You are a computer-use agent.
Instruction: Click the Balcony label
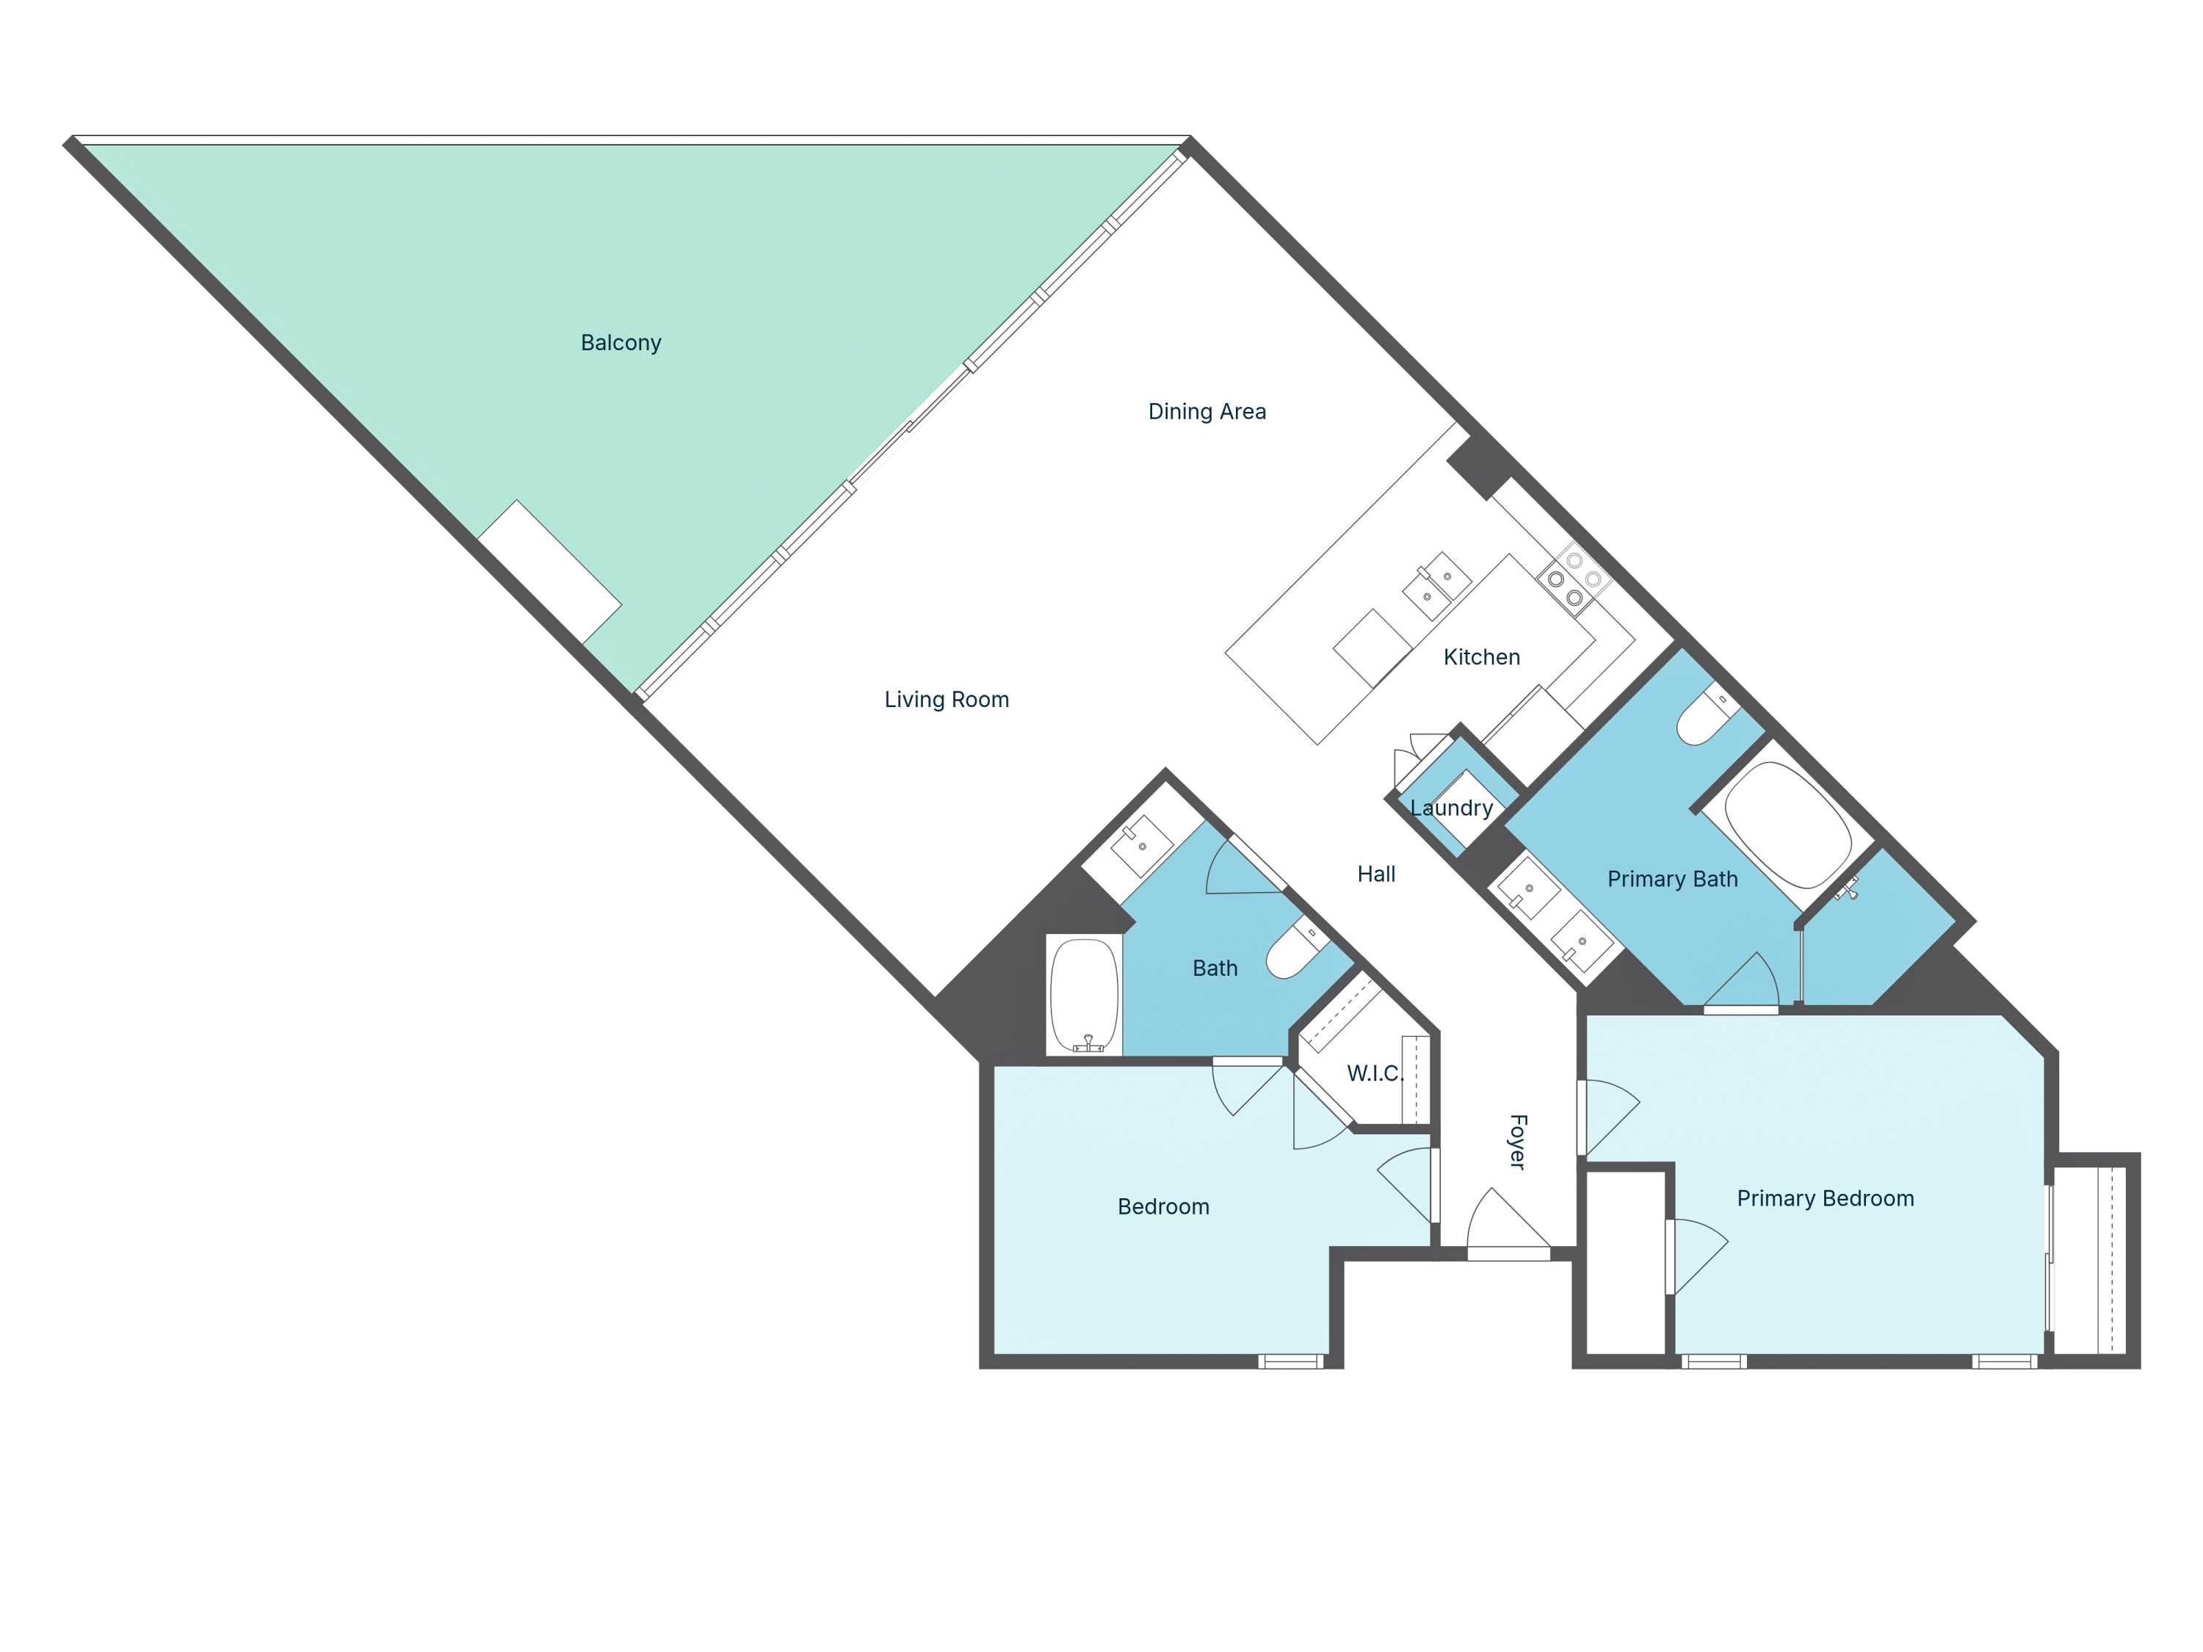point(621,343)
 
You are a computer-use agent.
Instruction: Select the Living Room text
point(946,699)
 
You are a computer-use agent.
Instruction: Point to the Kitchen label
point(1481,657)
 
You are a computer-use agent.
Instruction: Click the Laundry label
point(1451,808)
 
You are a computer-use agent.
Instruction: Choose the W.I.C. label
point(1375,1073)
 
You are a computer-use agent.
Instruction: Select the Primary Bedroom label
point(1825,1199)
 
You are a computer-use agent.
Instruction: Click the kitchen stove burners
point(1574,579)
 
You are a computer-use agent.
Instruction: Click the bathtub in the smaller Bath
point(1084,994)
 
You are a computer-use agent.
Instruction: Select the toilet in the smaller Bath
point(1294,950)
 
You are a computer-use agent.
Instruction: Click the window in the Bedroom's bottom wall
point(1291,1361)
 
